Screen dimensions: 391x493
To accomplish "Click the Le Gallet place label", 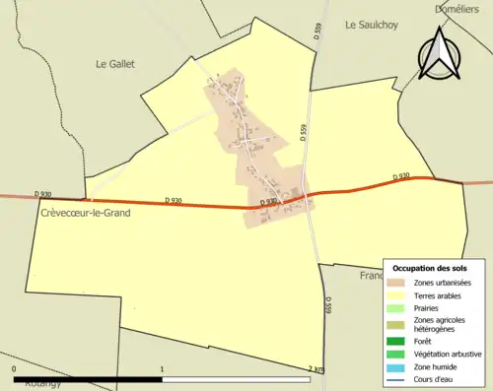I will tap(114, 64).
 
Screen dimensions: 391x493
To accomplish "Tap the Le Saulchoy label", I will tap(372, 26).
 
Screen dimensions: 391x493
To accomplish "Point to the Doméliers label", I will tap(457, 9).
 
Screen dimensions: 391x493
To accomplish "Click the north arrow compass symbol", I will tap(440, 55).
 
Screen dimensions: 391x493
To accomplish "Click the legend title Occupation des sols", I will tap(430, 268).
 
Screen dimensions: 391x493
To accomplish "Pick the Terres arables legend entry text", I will tap(441, 296).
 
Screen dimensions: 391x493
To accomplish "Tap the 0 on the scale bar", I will tap(14, 369).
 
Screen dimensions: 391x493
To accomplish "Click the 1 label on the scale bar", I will tap(162, 369).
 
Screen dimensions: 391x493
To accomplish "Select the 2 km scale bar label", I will tap(316, 369).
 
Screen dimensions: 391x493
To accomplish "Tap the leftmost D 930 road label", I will tap(42, 194).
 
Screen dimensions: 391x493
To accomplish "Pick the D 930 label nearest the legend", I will tap(400, 176).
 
